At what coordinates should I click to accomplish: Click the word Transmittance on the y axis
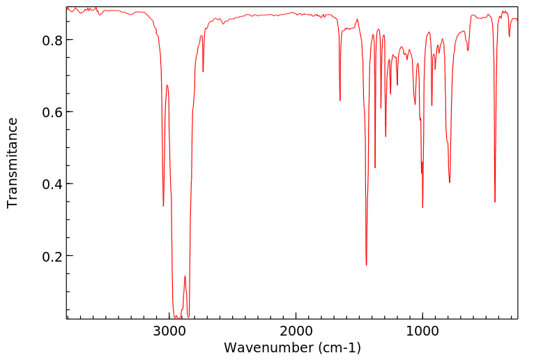[x=13, y=163]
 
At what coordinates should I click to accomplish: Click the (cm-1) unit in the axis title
[x=337, y=347]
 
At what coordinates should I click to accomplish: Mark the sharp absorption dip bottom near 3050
[x=163, y=206]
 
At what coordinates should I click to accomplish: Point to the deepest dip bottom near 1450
[x=366, y=265]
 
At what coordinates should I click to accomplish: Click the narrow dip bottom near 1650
[x=340, y=100]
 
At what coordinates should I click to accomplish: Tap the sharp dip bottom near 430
[x=495, y=202]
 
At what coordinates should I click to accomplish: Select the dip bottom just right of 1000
[x=423, y=207]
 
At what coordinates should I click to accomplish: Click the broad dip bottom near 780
[x=450, y=183]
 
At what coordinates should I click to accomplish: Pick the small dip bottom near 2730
[x=203, y=71]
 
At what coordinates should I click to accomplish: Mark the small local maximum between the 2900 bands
[x=185, y=276]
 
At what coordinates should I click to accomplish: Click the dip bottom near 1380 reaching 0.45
[x=375, y=167]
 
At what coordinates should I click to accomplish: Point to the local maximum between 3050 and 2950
[x=167, y=85]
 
